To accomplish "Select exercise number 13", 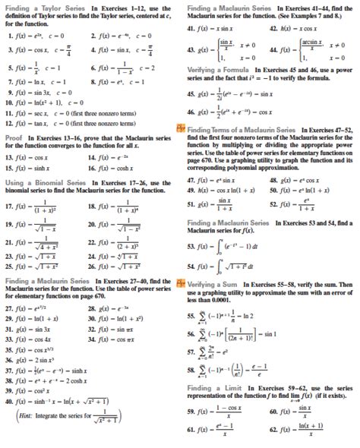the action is point(7,178).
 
